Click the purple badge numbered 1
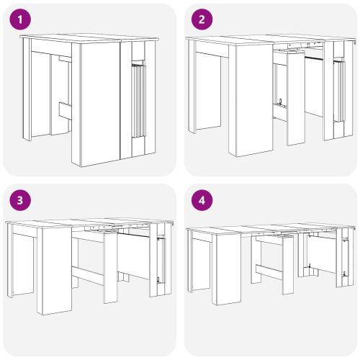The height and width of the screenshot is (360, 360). tap(20, 19)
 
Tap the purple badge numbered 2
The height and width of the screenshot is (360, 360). tap(202, 19)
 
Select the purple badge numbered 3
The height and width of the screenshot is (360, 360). tap(20, 200)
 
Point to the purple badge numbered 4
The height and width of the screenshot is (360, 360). tap(202, 200)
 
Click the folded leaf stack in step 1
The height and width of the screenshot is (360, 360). tap(138, 100)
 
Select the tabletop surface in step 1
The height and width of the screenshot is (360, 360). tap(89, 38)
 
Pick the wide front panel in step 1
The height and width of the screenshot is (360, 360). tap(100, 104)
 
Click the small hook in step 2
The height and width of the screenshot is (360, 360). tap(280, 102)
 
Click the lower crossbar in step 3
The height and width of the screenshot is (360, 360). tap(88, 275)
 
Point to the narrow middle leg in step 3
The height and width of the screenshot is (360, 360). tap(110, 269)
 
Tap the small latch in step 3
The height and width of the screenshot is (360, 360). tap(158, 279)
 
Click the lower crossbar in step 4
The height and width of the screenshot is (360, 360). tap(269, 271)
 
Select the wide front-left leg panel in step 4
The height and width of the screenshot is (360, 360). tap(229, 269)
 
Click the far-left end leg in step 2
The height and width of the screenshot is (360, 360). tap(192, 86)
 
